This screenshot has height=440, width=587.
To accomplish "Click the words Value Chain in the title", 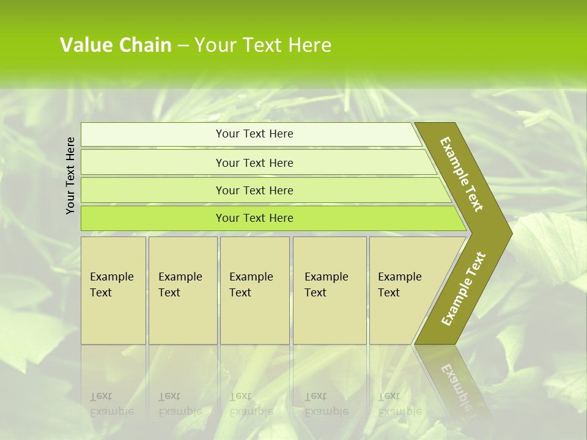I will click(116, 45).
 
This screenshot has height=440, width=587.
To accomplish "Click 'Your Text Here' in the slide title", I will click(263, 45).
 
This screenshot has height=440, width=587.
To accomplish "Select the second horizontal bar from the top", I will click(254, 163).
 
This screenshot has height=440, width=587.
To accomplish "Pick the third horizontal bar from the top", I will click(254, 190).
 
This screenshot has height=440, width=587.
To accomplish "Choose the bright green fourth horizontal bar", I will click(254, 218).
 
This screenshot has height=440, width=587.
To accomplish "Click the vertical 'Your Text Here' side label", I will click(70, 175).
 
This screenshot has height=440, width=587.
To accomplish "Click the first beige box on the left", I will click(113, 290).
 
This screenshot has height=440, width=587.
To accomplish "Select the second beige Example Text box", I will click(182, 290).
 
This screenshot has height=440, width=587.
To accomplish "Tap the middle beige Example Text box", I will click(254, 290).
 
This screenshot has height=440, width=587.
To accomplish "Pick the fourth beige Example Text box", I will click(330, 290).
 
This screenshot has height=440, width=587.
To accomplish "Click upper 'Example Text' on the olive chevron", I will click(462, 175).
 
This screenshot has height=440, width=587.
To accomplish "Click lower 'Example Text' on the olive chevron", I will click(463, 289).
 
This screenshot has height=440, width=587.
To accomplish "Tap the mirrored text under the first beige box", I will click(111, 403).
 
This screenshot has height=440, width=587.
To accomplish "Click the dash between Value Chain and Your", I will click(183, 46).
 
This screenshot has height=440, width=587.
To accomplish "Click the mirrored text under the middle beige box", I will click(251, 403).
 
